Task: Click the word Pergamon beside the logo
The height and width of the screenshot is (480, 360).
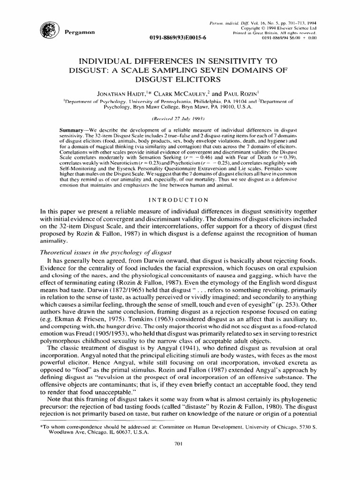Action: pyautogui.click(x=78, y=32)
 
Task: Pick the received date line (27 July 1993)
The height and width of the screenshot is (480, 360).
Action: pyautogui.click(x=180, y=106)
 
